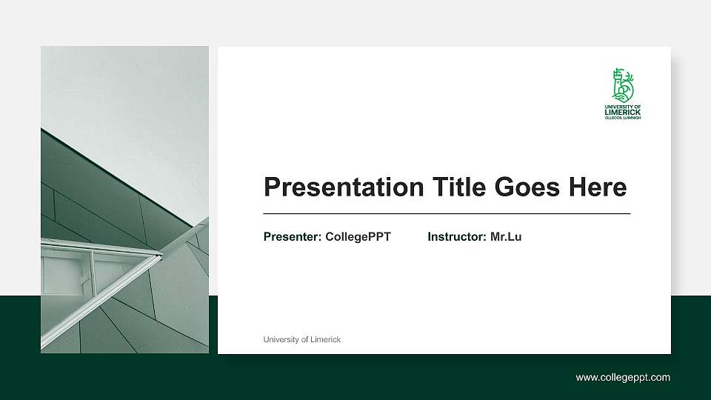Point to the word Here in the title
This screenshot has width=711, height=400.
597,187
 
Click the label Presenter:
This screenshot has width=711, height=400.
293,237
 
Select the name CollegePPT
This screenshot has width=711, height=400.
358,237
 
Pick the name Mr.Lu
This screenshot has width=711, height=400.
506,237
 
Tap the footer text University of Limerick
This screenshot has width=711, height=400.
302,339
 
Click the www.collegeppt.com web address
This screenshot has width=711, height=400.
623,378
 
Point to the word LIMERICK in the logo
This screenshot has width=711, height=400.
622,112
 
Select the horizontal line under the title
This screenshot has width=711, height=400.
447,213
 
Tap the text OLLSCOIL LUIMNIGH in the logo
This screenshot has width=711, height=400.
622,118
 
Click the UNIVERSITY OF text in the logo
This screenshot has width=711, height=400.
622,107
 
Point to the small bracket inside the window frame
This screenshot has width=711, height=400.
85,279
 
